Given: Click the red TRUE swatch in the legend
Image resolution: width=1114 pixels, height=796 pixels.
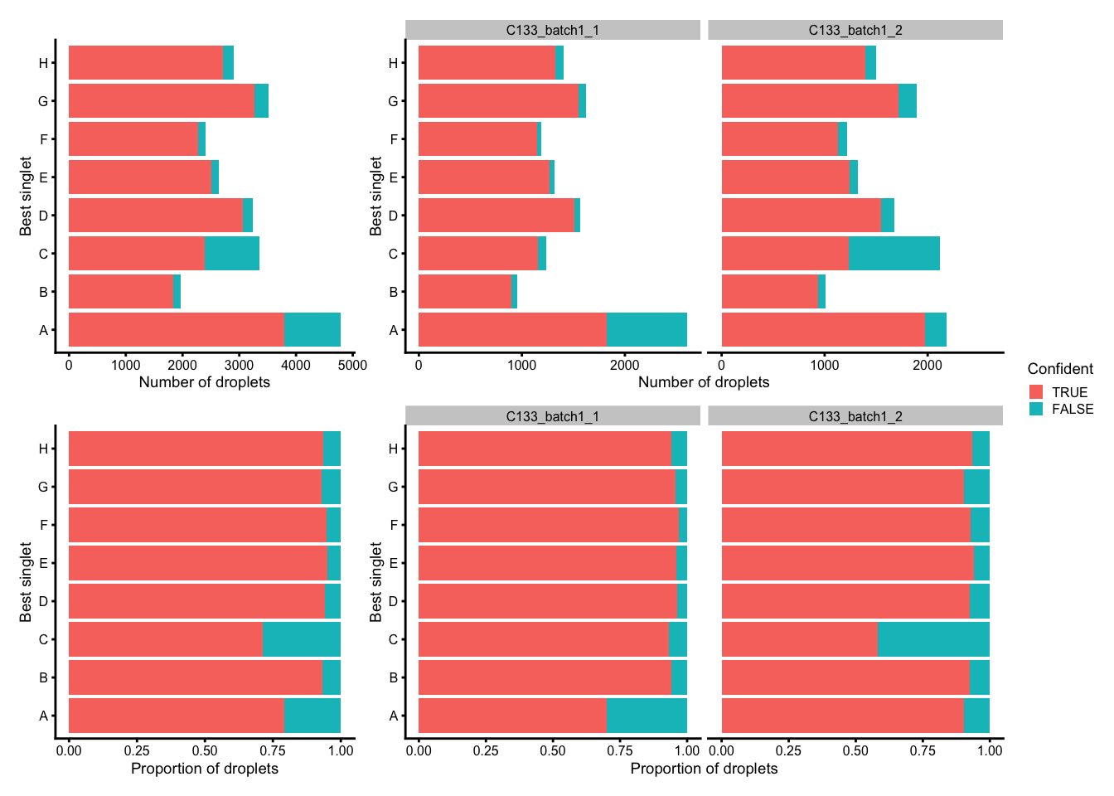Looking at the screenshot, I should (x=1036, y=392).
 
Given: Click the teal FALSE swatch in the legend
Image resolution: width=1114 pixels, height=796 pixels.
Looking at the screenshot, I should (x=1036, y=409).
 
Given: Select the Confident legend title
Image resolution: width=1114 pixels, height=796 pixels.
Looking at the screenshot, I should (x=1059, y=369).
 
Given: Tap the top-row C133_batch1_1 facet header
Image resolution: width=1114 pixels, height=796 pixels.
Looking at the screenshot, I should (x=552, y=30).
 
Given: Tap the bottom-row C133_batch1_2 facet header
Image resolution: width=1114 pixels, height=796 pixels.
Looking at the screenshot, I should (x=855, y=416).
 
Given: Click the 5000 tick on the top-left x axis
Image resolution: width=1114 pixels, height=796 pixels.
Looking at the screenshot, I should (x=353, y=366).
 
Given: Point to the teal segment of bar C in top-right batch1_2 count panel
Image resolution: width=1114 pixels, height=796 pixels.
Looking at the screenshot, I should (x=894, y=254).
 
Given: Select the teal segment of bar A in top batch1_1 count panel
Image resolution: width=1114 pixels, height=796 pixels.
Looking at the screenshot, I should (x=647, y=330).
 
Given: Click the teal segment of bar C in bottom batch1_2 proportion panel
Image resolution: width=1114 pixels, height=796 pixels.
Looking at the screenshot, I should (x=933, y=639).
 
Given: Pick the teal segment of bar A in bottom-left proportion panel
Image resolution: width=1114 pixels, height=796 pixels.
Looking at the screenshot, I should (x=312, y=716).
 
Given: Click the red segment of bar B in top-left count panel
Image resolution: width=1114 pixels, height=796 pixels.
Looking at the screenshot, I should (x=121, y=292).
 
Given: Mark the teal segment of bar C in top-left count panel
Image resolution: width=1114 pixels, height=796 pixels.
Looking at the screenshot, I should (x=232, y=254).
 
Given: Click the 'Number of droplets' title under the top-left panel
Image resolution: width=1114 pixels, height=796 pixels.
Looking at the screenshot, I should (x=204, y=382).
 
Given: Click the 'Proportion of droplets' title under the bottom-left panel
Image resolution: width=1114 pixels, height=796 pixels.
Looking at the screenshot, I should (x=204, y=769).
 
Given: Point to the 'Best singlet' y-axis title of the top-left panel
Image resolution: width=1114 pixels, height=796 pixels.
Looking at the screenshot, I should (x=26, y=197).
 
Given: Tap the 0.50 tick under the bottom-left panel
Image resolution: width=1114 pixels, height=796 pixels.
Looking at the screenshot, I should (x=205, y=751).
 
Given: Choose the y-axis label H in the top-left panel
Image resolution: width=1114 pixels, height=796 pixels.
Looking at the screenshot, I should (x=43, y=63).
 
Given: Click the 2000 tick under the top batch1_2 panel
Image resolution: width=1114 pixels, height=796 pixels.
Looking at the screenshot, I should (x=927, y=366).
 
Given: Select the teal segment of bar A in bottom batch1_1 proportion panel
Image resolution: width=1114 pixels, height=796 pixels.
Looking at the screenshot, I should (x=647, y=716).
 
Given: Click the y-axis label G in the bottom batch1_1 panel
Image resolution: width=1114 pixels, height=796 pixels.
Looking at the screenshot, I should (x=393, y=488).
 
